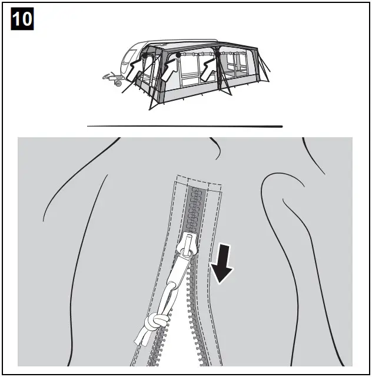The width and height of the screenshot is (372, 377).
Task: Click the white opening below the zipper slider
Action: tap(177, 348)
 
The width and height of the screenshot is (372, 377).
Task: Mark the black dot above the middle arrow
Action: tap(178, 54)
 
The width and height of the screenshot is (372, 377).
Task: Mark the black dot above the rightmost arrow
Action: tap(218, 54)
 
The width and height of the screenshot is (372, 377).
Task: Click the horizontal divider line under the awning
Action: tap(185, 126)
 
